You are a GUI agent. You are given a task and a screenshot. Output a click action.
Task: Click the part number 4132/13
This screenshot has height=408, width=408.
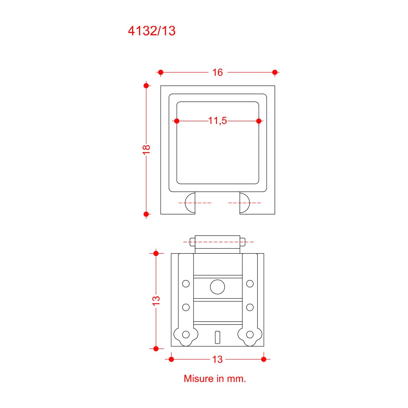tap(152, 31)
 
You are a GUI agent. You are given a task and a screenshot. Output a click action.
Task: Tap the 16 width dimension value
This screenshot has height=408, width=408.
tap(217, 72)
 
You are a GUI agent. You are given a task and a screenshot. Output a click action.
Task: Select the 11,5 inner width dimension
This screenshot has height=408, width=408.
tap(217, 121)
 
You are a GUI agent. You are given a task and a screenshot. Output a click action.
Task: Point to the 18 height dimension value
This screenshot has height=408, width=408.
tap(146, 149)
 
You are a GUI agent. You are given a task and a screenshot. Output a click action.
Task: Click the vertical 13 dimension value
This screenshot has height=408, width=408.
tap(156, 301)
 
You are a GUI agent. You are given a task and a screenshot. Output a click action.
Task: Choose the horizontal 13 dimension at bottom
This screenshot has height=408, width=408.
tap(217, 359)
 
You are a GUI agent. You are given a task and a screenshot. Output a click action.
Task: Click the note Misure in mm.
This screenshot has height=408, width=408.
tap(215, 379)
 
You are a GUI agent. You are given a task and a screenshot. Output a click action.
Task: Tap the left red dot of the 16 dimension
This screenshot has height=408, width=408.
tap(161, 72)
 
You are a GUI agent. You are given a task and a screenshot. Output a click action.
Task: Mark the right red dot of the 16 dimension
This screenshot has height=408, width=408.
tap(275, 72)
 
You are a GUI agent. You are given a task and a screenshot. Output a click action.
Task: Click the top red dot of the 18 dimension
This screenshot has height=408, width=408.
tap(146, 86)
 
